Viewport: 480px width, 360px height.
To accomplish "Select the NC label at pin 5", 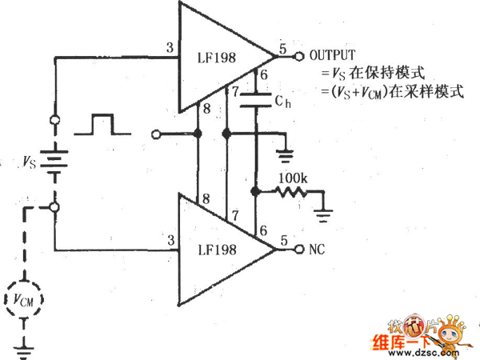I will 317,250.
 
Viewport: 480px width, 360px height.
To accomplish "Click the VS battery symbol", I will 54,163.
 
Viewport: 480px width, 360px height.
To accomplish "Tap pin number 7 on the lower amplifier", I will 234,217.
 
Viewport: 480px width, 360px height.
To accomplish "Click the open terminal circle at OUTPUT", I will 298,56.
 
